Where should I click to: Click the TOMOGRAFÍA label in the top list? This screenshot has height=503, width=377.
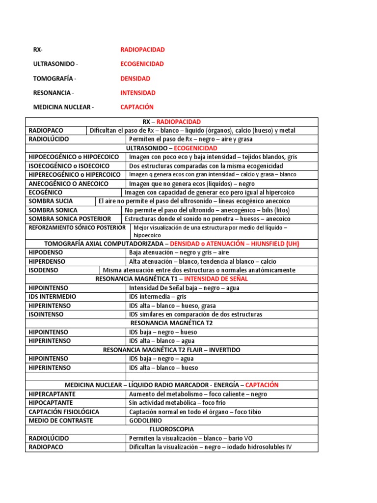54,79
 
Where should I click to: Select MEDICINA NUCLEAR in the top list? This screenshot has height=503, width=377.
62,107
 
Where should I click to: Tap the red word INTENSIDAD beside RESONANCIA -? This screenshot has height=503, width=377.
138,93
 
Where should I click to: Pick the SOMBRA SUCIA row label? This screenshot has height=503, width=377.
51,201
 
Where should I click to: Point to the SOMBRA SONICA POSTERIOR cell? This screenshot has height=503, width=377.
70,219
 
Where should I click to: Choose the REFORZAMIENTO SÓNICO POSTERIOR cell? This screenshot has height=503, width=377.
77,228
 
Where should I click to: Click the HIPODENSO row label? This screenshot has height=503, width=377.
47,252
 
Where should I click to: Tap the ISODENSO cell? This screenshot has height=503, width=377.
44,270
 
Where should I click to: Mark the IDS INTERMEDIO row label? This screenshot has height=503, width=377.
53,297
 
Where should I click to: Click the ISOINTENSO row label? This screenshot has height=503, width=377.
49,314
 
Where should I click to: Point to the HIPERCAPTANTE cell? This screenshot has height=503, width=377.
52,394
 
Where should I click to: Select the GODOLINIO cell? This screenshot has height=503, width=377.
145,420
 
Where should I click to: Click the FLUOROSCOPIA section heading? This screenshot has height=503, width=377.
171,429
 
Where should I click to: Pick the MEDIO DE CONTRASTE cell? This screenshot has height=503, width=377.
61,420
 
